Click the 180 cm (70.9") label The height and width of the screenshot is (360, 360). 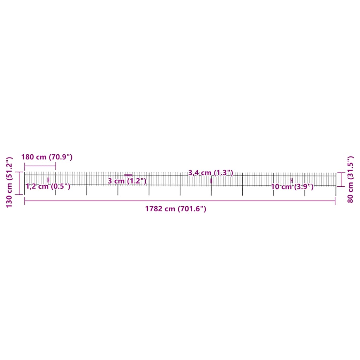pos(47,157)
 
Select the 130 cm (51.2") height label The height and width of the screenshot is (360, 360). pos(9,182)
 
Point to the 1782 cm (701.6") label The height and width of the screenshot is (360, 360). pos(175,209)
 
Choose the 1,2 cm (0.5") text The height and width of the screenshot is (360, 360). pos(48,186)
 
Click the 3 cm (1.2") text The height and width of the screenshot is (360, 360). pos(127,181)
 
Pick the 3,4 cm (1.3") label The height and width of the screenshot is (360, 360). pos(211,173)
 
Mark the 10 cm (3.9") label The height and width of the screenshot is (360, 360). pos(292,187)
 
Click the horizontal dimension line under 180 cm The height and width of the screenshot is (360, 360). pos(40,166)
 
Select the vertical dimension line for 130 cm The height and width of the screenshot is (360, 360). pos(20,183)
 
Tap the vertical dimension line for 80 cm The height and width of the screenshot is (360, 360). pos(341,179)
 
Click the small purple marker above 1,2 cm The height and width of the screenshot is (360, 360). pos(49,180)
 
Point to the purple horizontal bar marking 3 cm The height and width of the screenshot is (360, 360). pos(128,175)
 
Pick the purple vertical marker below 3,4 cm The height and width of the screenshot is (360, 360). pos(211,181)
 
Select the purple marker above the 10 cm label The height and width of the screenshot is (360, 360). pos(291,180)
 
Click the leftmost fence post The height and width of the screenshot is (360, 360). pos(25,184)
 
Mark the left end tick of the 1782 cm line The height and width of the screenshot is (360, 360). pos(25,201)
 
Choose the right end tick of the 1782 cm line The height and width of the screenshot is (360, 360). pos(335,201)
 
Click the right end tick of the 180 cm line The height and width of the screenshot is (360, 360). pos(56,166)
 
